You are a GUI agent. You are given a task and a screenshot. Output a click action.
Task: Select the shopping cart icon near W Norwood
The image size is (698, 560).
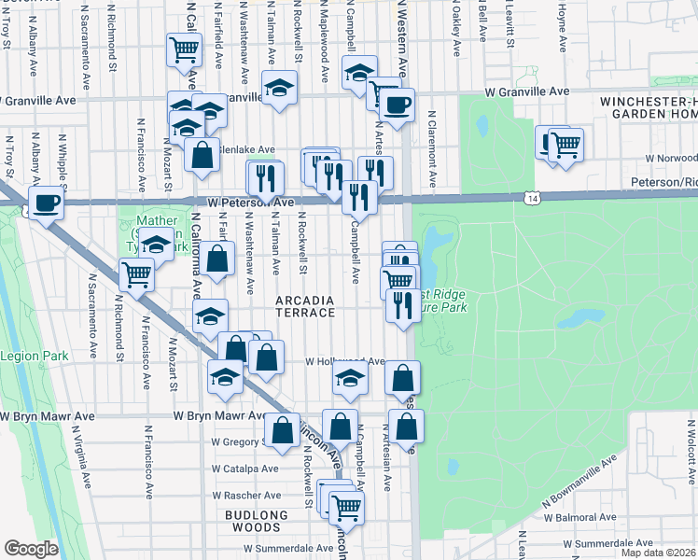pyautogui.click(x=565, y=146)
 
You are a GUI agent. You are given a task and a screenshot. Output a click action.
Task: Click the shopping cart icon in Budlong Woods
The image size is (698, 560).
pyautogui.click(x=345, y=508)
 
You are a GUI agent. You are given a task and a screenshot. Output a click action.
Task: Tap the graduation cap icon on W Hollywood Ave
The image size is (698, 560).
pyautogui.click(x=350, y=379)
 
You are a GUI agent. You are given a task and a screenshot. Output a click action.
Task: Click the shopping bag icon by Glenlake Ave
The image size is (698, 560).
pyautogui.click(x=201, y=156)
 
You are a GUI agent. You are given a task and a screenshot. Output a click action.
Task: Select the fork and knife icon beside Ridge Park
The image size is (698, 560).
pyautogui.click(x=403, y=305)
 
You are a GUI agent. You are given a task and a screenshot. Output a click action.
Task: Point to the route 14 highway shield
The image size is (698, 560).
pyautogui.click(x=531, y=198)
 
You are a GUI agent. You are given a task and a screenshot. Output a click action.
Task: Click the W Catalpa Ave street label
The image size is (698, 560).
pyautogui.click(x=244, y=469)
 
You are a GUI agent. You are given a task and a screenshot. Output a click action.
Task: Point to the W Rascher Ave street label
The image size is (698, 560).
pyautogui.click(x=245, y=496)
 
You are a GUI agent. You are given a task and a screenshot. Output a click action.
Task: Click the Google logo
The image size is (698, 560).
pyautogui.click(x=31, y=548)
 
